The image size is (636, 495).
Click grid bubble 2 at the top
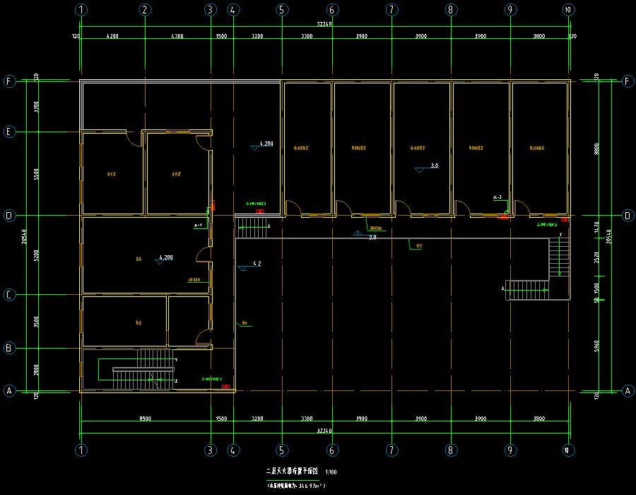coord(145,10)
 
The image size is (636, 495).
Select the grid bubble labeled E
coord(10,132)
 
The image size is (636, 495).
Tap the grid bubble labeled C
coord(10,294)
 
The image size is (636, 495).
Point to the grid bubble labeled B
coord(10,348)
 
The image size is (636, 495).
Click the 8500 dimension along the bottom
coord(145,419)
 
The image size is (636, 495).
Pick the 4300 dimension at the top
coord(177,35)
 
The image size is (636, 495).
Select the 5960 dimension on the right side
coord(597,346)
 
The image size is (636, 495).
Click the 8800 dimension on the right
coord(597,148)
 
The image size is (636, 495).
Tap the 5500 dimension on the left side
coord(37,173)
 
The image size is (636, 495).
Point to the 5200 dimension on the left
coord(37,255)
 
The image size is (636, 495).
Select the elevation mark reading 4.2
coord(257,264)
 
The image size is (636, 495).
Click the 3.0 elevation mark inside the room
coord(434,165)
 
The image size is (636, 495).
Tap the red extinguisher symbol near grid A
coord(225,386)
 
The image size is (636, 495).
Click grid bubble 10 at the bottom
coord(568,449)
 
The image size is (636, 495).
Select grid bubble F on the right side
coord(626,81)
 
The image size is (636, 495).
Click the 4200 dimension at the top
coord(112,35)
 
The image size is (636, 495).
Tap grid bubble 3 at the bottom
coord(210,449)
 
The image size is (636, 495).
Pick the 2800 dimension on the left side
coord(37,369)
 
